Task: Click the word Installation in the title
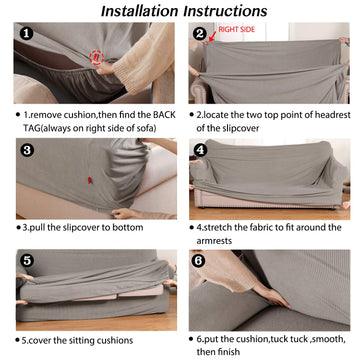141,11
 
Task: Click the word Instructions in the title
226,11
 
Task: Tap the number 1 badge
27,33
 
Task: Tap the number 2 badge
200,34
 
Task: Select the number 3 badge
27,150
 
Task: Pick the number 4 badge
200,150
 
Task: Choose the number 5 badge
27,261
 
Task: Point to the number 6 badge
199,261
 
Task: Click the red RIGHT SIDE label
237,29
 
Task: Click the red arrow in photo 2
211,37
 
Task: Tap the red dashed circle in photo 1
97,58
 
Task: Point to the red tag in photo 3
89,180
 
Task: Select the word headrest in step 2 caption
332,115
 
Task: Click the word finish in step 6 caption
229,352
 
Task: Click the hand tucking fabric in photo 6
272,297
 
